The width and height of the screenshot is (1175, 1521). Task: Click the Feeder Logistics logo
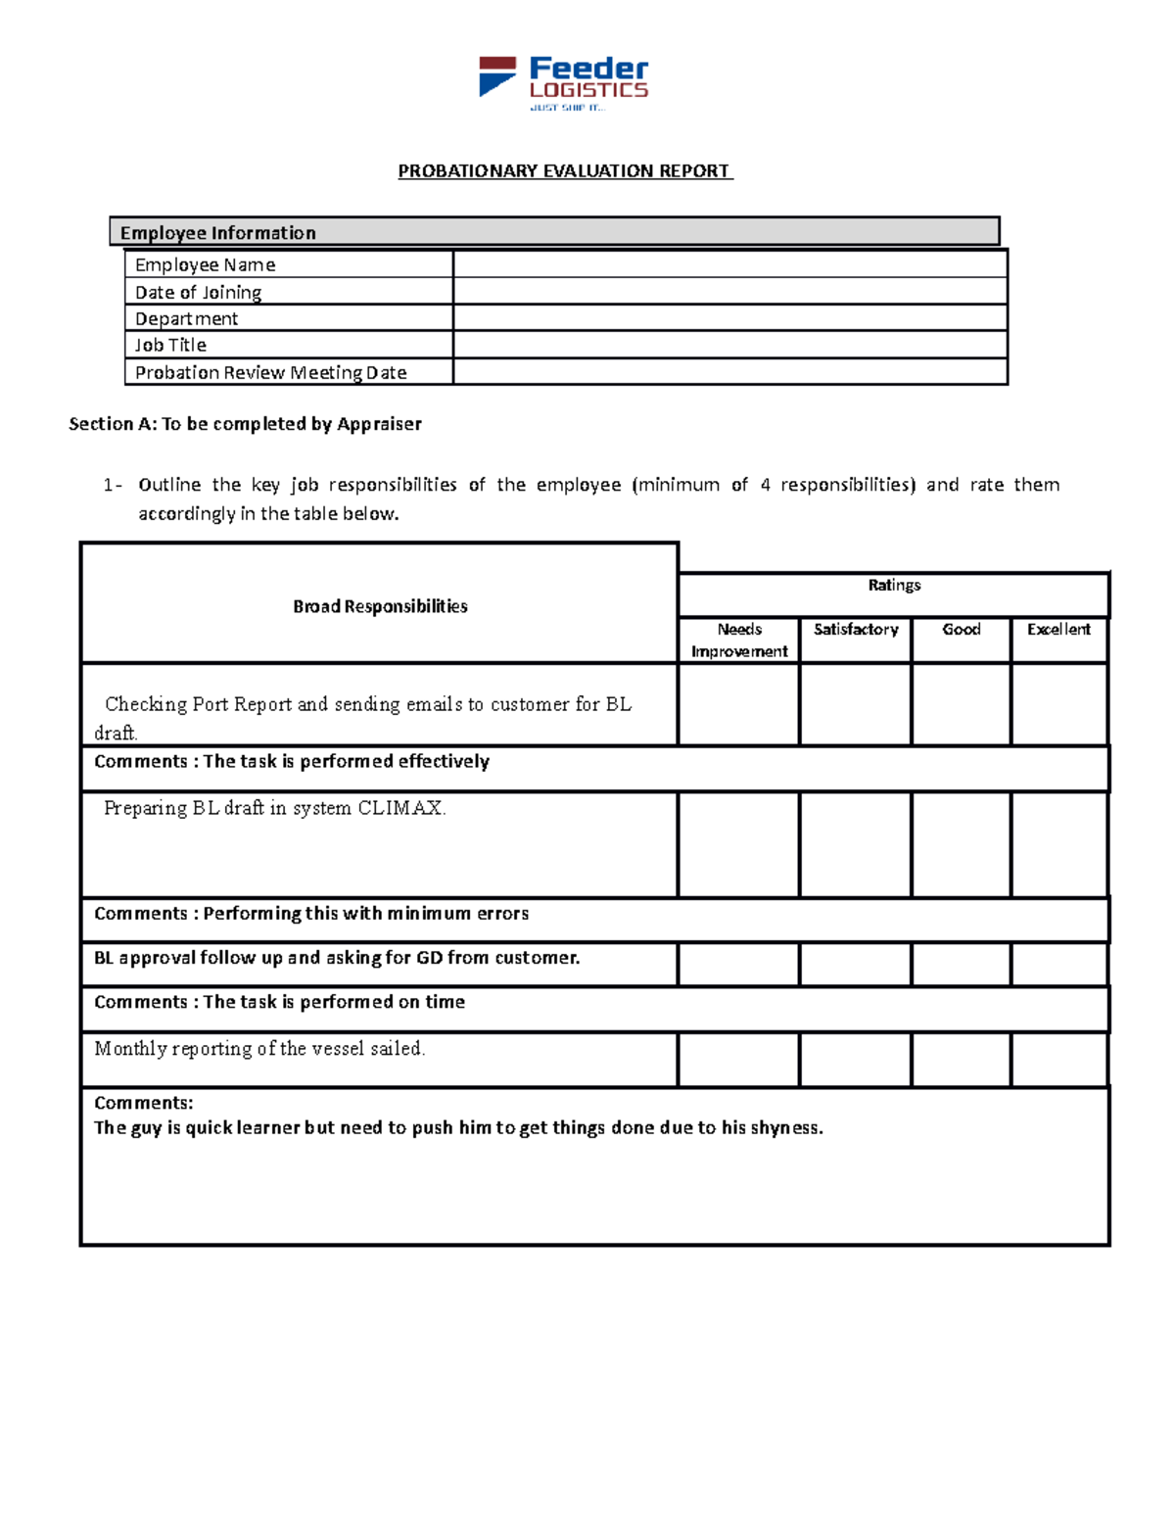click(563, 82)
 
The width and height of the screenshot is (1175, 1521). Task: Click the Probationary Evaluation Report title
click(565, 171)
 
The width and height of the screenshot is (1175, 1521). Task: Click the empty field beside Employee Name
click(729, 264)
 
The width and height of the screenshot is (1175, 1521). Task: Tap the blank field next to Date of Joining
click(729, 291)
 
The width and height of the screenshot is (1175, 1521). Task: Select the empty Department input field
click(729, 318)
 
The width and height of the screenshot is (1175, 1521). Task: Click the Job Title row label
click(170, 345)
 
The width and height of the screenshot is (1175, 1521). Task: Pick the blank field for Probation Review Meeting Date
click(729, 372)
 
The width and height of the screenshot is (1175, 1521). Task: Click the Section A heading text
click(245, 424)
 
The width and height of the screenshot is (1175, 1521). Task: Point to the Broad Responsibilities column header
click(380, 606)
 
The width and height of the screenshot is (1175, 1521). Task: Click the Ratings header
click(893, 586)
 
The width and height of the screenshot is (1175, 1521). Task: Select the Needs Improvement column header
click(738, 641)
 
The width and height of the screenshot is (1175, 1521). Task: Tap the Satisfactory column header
click(855, 630)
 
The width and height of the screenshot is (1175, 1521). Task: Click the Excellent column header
click(1058, 630)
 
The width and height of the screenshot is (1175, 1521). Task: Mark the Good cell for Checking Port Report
click(961, 704)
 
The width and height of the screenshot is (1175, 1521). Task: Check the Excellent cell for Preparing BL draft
click(1059, 844)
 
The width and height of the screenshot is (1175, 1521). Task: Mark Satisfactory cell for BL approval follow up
click(855, 965)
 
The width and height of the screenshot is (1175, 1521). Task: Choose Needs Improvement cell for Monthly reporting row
click(738, 1059)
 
